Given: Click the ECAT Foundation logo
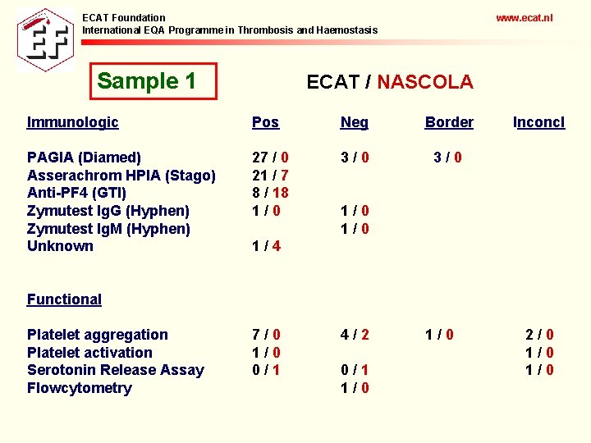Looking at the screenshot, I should tap(45, 39).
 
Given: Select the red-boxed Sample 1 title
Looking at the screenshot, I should tap(147, 81).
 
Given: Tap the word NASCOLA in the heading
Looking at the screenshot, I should tap(425, 82).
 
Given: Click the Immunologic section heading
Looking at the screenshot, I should tap(72, 122).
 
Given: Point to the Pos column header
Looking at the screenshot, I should tap(265, 122).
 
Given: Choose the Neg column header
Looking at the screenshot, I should tap(355, 122).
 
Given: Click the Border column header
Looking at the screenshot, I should tap(449, 122).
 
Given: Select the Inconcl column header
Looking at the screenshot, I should tap(538, 122).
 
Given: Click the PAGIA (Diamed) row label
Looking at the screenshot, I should tap(84, 157).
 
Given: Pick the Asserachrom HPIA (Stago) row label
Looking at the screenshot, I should tap(121, 175).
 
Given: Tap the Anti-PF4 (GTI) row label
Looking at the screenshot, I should tap(76, 193).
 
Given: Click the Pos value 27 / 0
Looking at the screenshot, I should tap(270, 157).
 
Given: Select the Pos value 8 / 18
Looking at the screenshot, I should tap(270, 193).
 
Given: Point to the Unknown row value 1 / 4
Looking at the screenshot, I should tap(267, 246).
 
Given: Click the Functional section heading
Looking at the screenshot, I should tap(64, 299).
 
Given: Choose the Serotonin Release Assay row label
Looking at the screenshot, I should tap(115, 370).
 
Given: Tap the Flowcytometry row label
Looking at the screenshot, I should tap(79, 388).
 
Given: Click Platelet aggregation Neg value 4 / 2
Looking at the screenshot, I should tap(355, 335).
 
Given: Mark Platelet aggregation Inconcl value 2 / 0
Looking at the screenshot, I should tap(539, 335).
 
